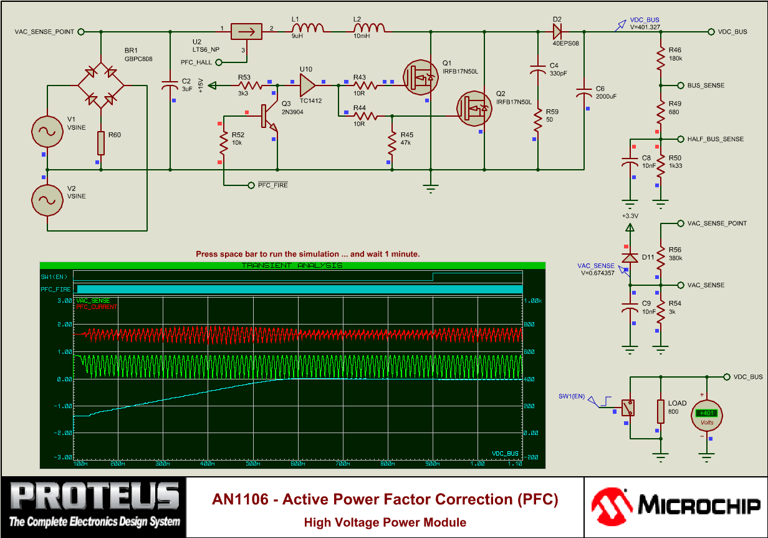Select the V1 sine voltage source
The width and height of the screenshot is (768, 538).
(47, 130)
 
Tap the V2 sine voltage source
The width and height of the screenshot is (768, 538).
(47, 200)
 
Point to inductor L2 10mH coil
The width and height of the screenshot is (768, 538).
(369, 29)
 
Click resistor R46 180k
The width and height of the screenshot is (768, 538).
(661, 59)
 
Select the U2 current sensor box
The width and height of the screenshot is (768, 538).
(246, 31)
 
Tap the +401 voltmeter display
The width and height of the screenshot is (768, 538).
(707, 413)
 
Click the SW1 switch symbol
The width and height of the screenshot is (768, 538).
(630, 408)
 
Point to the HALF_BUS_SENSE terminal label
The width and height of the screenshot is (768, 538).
(715, 139)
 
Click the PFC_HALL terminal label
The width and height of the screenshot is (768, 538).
(196, 62)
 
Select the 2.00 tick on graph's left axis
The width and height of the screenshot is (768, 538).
(64, 325)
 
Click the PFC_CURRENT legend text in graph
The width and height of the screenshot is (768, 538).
(97, 306)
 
